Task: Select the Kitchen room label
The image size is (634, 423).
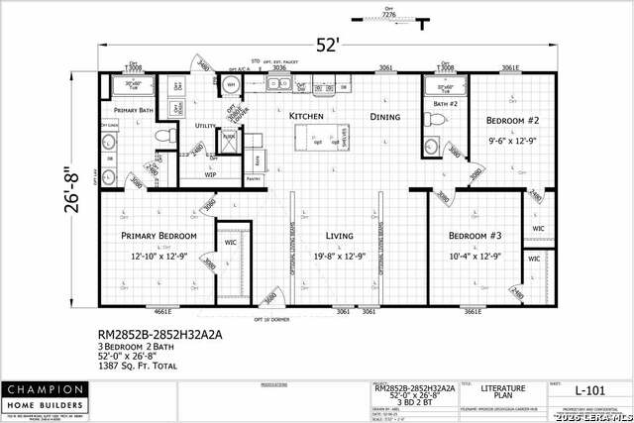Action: [x=306, y=117]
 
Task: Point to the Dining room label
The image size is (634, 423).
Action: [x=385, y=117]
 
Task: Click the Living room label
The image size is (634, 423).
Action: [x=341, y=236]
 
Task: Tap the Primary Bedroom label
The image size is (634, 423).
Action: [x=158, y=236]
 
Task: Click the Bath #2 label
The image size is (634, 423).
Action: [x=444, y=103]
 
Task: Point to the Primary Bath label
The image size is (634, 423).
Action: [x=132, y=110]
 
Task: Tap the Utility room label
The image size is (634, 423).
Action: [x=206, y=126]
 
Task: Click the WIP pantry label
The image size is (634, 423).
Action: [x=212, y=174]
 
